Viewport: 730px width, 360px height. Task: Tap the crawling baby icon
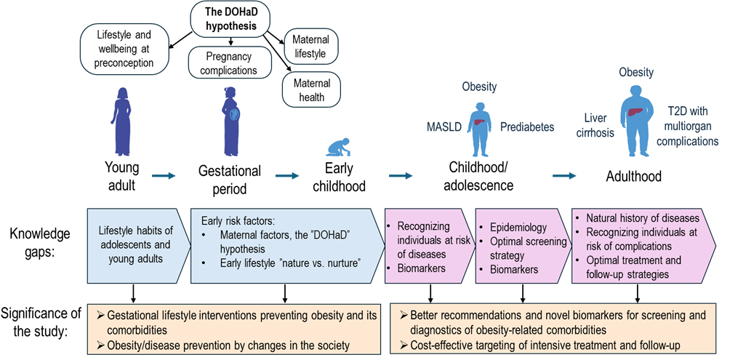[337, 146]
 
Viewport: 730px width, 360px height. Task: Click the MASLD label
[443, 127]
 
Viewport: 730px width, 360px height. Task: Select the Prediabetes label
[526, 127]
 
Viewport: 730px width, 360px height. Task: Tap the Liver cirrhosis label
[599, 125]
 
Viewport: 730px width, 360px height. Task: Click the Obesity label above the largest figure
[635, 73]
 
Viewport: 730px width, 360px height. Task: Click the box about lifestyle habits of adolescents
[135, 245]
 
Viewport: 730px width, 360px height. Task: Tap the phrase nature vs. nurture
[326, 263]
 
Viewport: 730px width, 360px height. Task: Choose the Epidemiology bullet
[518, 228]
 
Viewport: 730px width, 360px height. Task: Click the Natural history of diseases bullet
[642, 218]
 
